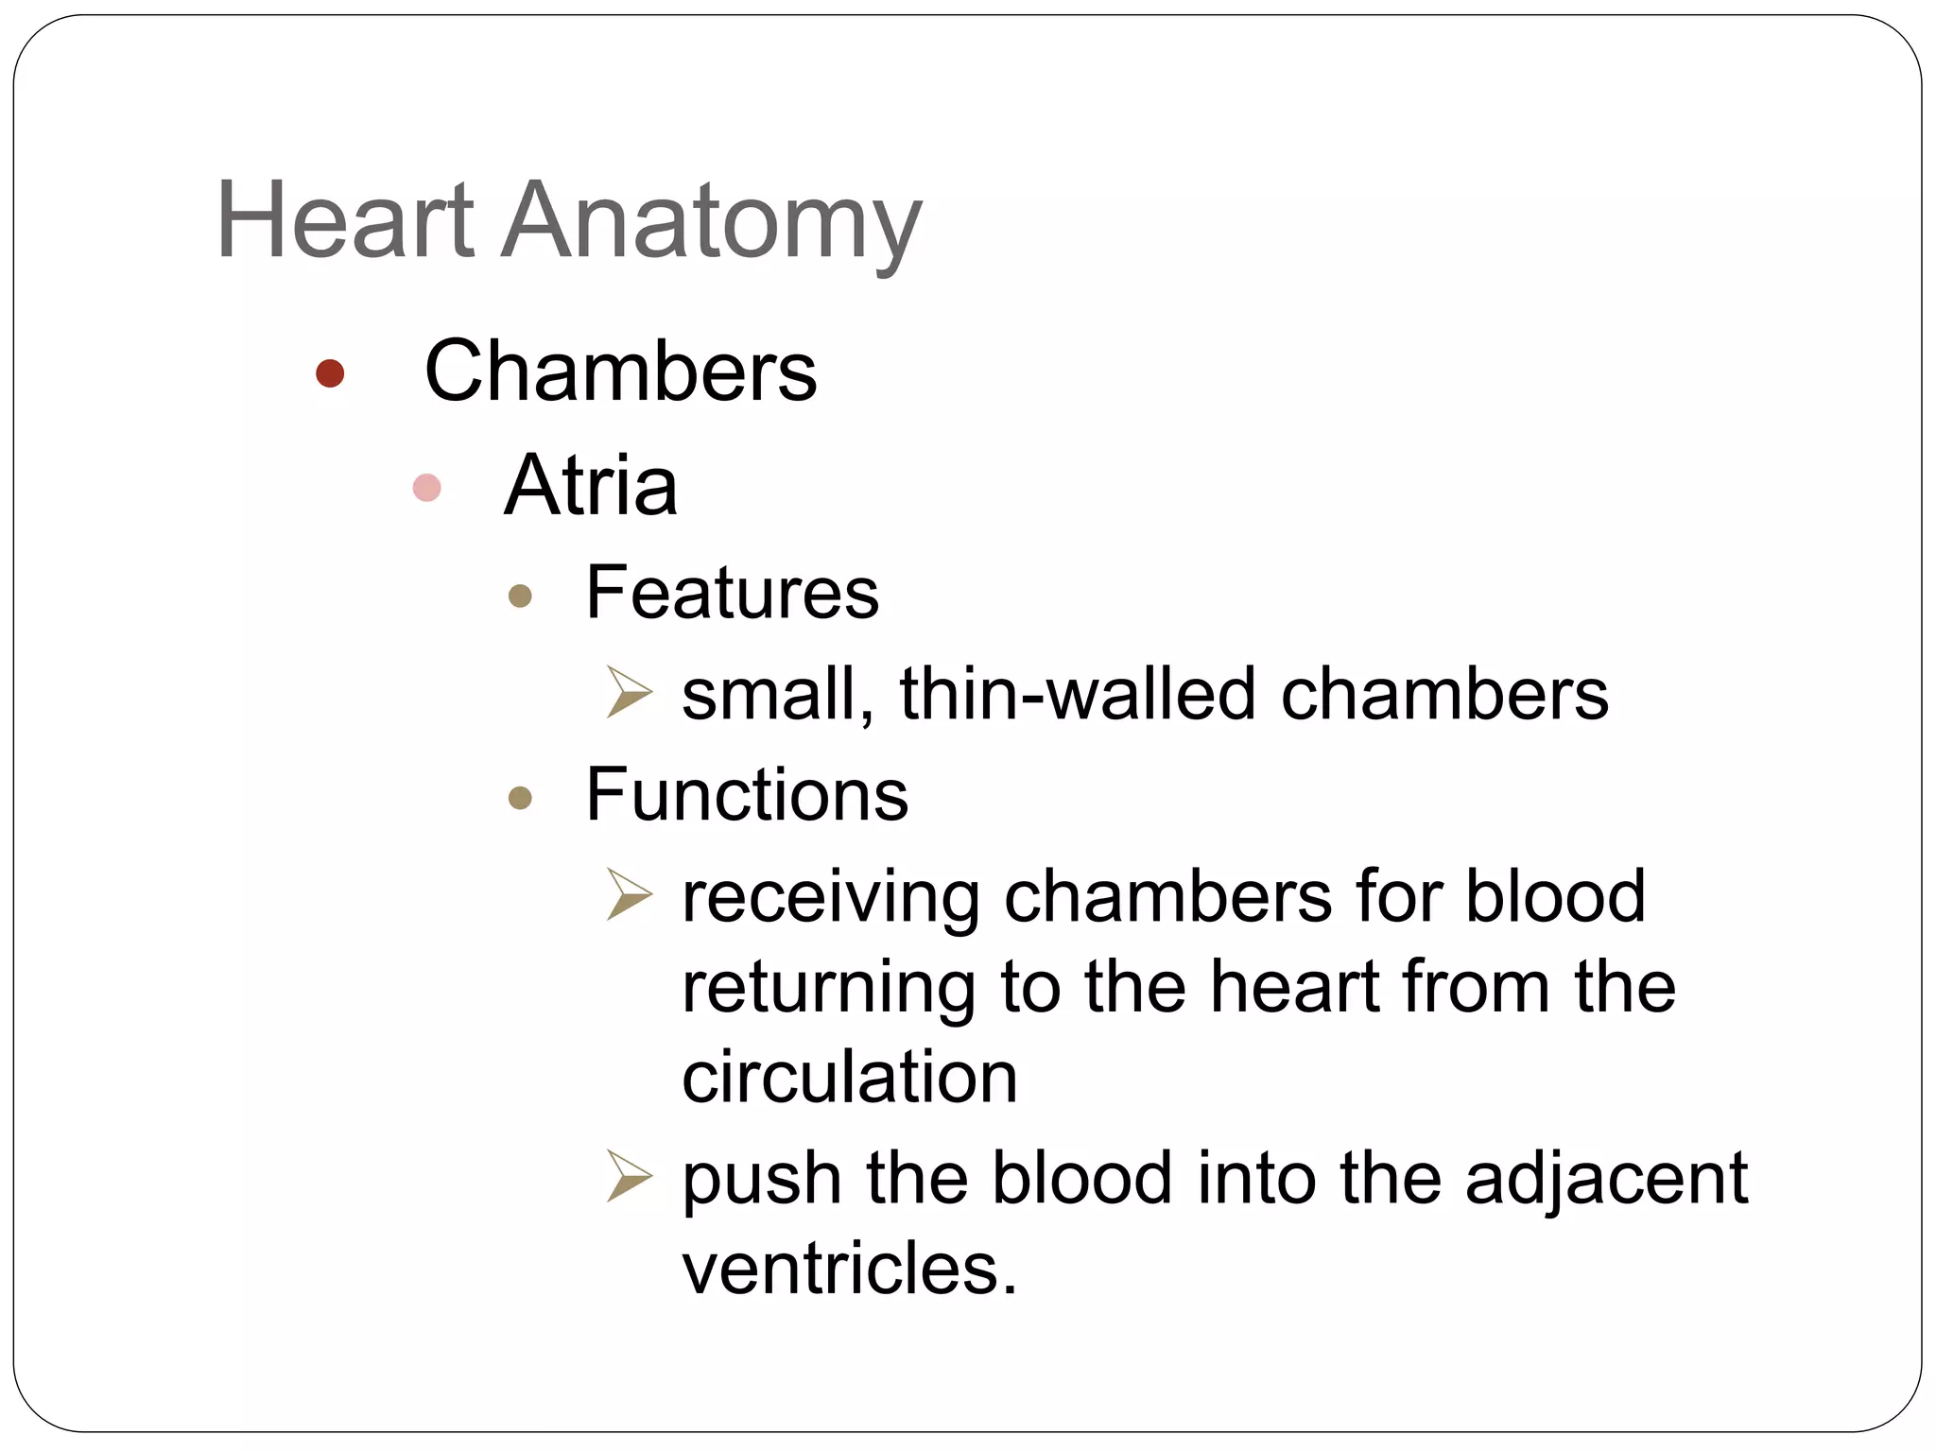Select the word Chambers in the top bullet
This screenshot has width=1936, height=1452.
(620, 372)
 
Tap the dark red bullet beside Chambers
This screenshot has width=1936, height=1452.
(330, 373)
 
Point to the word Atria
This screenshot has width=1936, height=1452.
(591, 486)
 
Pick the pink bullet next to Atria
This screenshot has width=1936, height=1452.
(427, 488)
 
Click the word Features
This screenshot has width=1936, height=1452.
(733, 593)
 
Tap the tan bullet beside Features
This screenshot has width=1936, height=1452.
(520, 596)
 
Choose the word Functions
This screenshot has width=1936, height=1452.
(747, 795)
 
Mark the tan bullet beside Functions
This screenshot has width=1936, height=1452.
(520, 799)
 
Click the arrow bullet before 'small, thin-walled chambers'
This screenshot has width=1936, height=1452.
(629, 693)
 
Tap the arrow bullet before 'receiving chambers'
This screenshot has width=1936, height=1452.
(629, 895)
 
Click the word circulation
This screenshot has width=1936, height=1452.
(849, 1078)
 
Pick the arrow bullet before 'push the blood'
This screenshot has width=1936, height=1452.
(629, 1177)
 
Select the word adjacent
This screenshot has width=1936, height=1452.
(1606, 1180)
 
